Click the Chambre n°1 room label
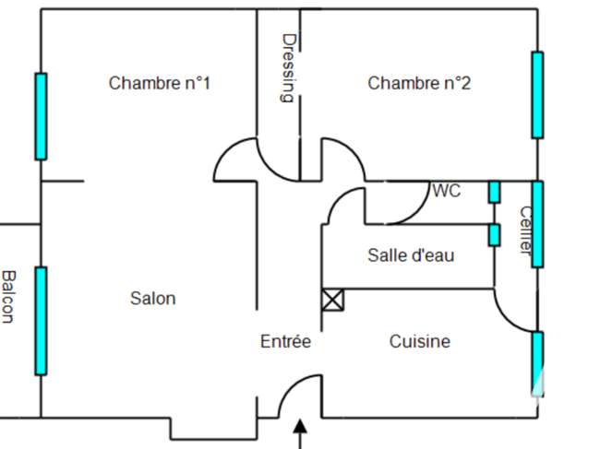click(x=160, y=83)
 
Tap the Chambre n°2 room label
click(x=419, y=83)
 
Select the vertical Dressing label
click(x=289, y=68)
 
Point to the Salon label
click(x=153, y=299)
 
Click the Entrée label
click(x=285, y=341)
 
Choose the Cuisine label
click(x=420, y=341)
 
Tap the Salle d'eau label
click(x=411, y=255)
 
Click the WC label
click(x=447, y=191)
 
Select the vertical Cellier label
click(x=526, y=230)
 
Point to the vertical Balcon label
click(x=8, y=297)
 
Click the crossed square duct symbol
click(x=332, y=300)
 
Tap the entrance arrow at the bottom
click(x=300, y=434)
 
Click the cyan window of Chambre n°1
click(x=41, y=116)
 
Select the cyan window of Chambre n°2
click(x=537, y=95)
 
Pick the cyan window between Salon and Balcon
click(x=41, y=321)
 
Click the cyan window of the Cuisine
click(x=537, y=364)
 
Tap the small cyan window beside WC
click(x=494, y=192)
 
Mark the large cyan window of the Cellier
click(x=537, y=224)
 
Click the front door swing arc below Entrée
click(x=292, y=386)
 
